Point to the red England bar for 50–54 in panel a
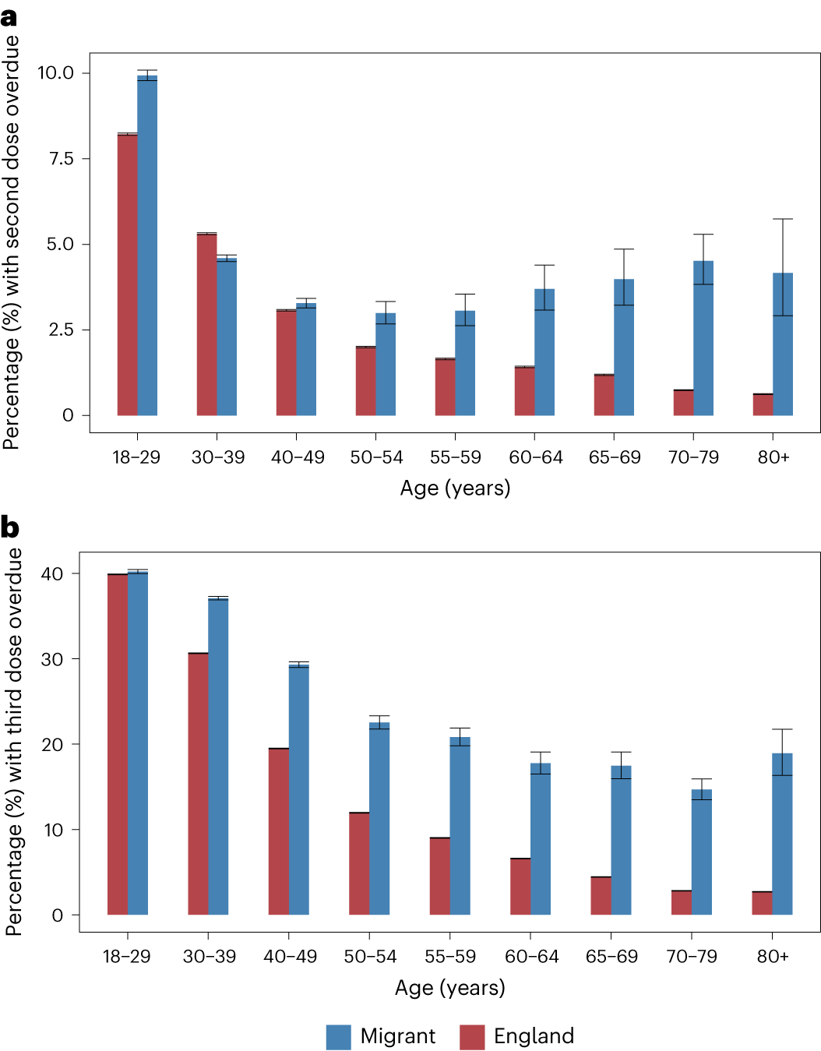[x=365, y=381]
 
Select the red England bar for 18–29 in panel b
[x=118, y=744]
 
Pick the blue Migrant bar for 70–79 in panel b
[x=702, y=852]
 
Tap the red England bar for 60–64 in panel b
[x=520, y=887]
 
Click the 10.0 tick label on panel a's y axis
[x=55, y=73]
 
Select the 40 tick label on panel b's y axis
[x=52, y=574]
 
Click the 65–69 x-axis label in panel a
[x=615, y=457]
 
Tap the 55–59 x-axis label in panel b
[x=450, y=956]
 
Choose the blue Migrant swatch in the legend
[x=339, y=1037]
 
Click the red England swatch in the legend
[x=472, y=1037]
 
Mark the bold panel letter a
[x=9, y=17]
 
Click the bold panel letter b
[x=9, y=527]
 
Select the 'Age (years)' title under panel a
[x=455, y=488]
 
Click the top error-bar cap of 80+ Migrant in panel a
[x=783, y=219]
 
